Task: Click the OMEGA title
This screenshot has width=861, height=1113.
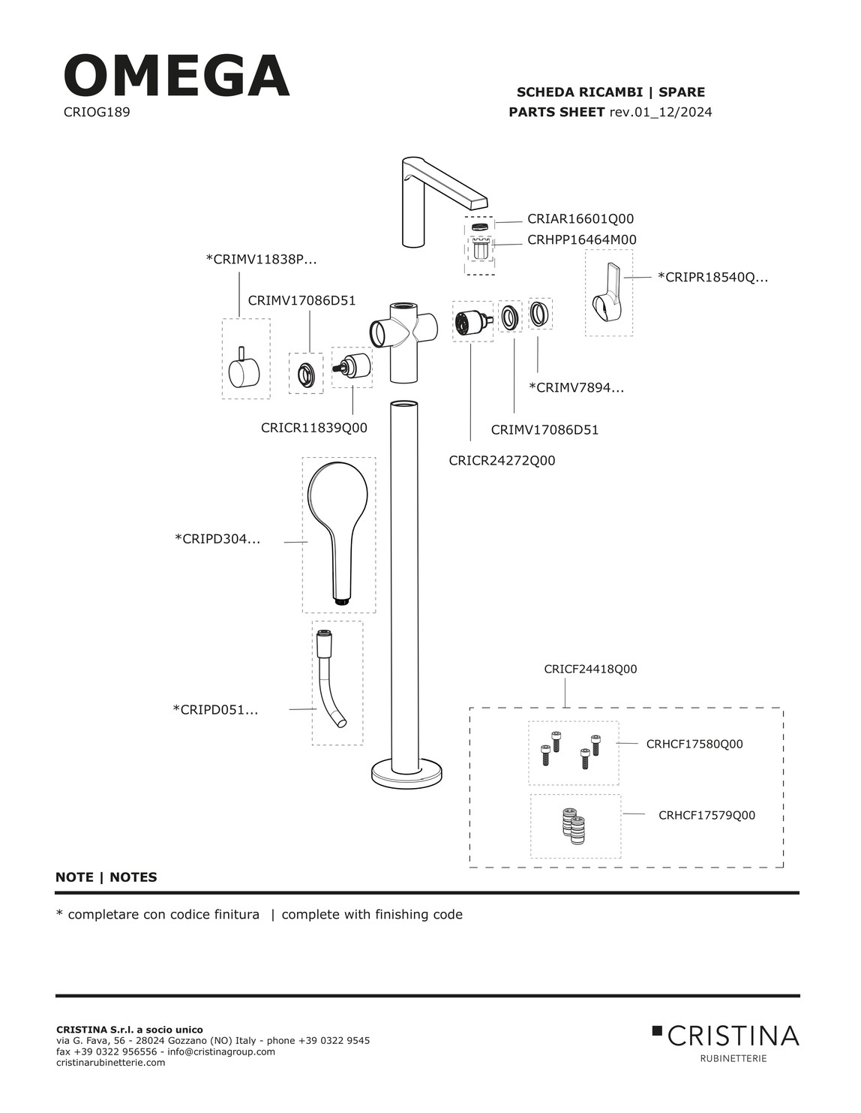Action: tap(176, 76)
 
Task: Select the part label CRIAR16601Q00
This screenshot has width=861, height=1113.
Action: tap(580, 219)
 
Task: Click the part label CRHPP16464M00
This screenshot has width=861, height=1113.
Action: tap(581, 240)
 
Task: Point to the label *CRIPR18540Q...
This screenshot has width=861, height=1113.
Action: tap(712, 277)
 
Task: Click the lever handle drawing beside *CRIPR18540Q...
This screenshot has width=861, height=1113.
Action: tap(608, 292)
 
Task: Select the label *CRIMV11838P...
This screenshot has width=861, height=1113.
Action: tap(261, 260)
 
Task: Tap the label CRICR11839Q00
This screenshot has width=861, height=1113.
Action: tap(313, 428)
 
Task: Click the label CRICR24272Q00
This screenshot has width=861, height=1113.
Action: tap(502, 461)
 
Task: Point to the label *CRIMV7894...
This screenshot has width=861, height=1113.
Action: tap(576, 388)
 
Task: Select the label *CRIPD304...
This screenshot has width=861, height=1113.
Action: tap(217, 539)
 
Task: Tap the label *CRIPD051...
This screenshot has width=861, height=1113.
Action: tap(215, 709)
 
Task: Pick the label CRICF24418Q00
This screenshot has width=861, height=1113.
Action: tap(590, 669)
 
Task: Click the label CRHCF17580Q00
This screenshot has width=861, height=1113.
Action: tap(694, 745)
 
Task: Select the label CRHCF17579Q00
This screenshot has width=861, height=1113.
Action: tap(706, 816)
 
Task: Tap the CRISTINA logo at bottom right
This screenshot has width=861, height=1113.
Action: tap(725, 1036)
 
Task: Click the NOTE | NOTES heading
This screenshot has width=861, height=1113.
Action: tap(106, 877)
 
